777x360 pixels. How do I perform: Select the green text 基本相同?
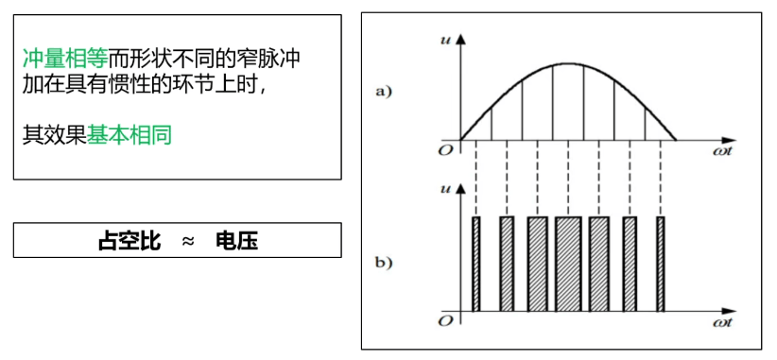click(x=129, y=135)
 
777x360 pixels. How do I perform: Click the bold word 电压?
click(x=236, y=241)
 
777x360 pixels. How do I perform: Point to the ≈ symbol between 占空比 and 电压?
click(x=187, y=241)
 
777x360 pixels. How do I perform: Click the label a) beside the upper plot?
click(x=384, y=92)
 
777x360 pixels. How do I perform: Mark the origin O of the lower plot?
click(x=444, y=322)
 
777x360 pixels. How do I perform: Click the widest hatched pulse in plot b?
click(x=568, y=265)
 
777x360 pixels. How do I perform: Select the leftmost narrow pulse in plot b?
click(x=476, y=265)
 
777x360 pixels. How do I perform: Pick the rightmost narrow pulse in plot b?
click(x=661, y=265)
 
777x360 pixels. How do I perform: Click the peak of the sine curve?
click(x=567, y=63)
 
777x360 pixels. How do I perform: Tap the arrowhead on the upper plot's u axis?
click(x=460, y=38)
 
